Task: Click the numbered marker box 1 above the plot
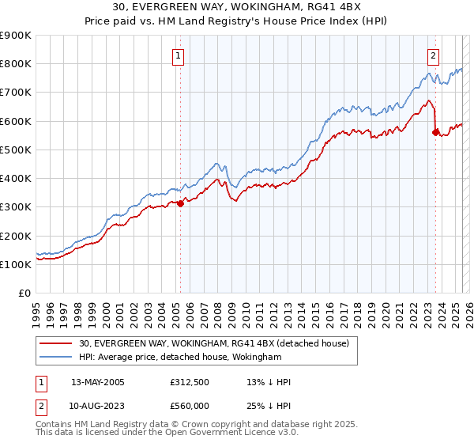pos(179,55)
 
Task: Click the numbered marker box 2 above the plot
pos(434,55)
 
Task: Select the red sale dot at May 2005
pos(180,203)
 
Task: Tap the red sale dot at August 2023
pos(435,132)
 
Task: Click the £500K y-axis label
pos(16,150)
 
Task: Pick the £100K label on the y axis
pos(16,264)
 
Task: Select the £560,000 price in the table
pos(189,406)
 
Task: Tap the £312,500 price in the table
pos(189,382)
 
